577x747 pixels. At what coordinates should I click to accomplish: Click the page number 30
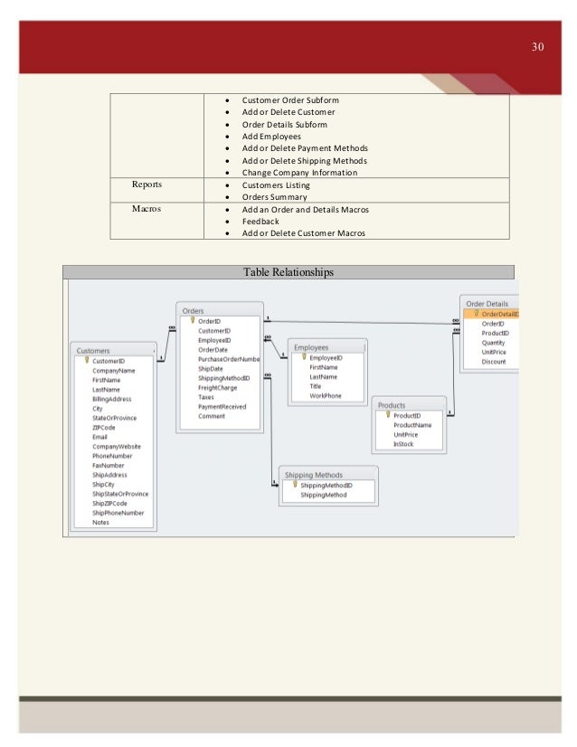pyautogui.click(x=537, y=46)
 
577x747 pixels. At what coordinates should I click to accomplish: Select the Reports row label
pyautogui.click(x=147, y=184)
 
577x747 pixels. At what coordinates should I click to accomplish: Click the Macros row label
pyautogui.click(x=146, y=209)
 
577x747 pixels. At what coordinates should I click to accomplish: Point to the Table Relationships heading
pyautogui.click(x=288, y=272)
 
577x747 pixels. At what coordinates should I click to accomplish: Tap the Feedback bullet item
pyautogui.click(x=260, y=222)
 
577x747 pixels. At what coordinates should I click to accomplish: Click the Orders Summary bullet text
pyautogui.click(x=274, y=197)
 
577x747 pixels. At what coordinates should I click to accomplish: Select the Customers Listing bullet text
pyautogui.click(x=275, y=184)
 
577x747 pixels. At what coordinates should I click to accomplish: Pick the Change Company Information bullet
pyautogui.click(x=299, y=173)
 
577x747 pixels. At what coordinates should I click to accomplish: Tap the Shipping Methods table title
pyautogui.click(x=314, y=474)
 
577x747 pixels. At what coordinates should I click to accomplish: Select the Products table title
pyautogui.click(x=392, y=405)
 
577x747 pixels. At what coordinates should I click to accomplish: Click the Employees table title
pyautogui.click(x=311, y=347)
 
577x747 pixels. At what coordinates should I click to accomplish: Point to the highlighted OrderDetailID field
pyautogui.click(x=499, y=314)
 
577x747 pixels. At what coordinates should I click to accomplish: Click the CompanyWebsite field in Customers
pyautogui.click(x=116, y=446)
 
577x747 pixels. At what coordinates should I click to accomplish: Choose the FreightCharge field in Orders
pyautogui.click(x=217, y=387)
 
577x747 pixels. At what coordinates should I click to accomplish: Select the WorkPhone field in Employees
pyautogui.click(x=326, y=395)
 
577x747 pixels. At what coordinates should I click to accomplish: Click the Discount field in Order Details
pyautogui.click(x=494, y=362)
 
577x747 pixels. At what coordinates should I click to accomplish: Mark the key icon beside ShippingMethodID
pyautogui.click(x=294, y=484)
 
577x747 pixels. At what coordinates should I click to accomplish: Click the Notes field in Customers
pyautogui.click(x=100, y=522)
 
